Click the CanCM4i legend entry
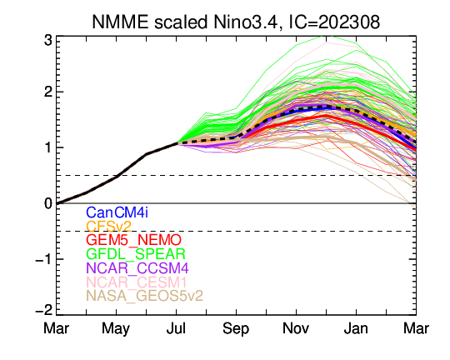[x=117, y=212]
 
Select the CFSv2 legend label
[x=109, y=227]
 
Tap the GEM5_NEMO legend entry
[x=133, y=240]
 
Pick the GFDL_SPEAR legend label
[x=136, y=254]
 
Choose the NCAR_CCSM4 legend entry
[x=137, y=268]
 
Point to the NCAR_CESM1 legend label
[x=137, y=282]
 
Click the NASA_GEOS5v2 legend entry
[x=145, y=296]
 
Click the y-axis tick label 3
[x=48, y=41]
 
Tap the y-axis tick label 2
[x=48, y=92]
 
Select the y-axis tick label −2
[x=44, y=310]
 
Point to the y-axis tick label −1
[x=44, y=259]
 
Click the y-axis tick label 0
[x=48, y=203]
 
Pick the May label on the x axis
[x=116, y=329]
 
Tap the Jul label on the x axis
[x=176, y=328]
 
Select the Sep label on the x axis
[x=236, y=329]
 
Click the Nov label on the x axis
[x=296, y=328]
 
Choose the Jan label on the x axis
[x=356, y=328]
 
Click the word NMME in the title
[x=120, y=22]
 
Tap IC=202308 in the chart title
[x=334, y=22]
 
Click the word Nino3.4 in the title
[x=246, y=22]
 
